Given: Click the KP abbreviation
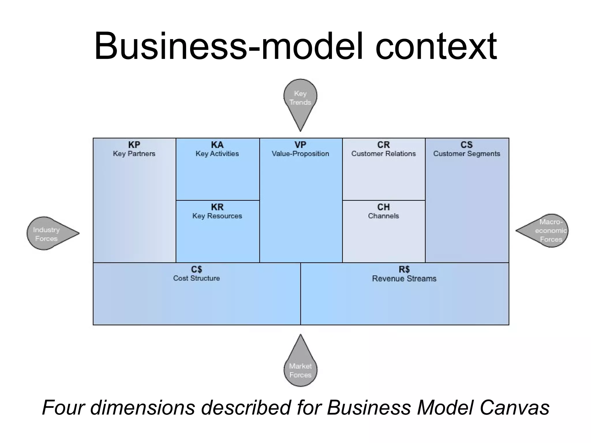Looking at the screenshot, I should pyautogui.click(x=134, y=145).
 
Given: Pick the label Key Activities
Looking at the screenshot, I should pyautogui.click(x=217, y=154).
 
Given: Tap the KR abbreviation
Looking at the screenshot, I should pyautogui.click(x=217, y=207).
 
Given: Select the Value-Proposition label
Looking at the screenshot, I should pyautogui.click(x=300, y=154).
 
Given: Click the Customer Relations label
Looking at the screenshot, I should pyautogui.click(x=383, y=154).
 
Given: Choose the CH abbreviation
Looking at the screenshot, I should pyautogui.click(x=383, y=207).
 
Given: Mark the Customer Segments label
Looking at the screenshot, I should pyautogui.click(x=466, y=154).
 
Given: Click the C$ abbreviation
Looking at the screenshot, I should pyautogui.click(x=196, y=269).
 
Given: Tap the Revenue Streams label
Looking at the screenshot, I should pyautogui.click(x=404, y=279).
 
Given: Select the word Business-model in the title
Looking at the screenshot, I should pyautogui.click(x=228, y=47).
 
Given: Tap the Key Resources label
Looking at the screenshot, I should pyautogui.click(x=217, y=216).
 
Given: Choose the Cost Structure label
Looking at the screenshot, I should pyautogui.click(x=196, y=278).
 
